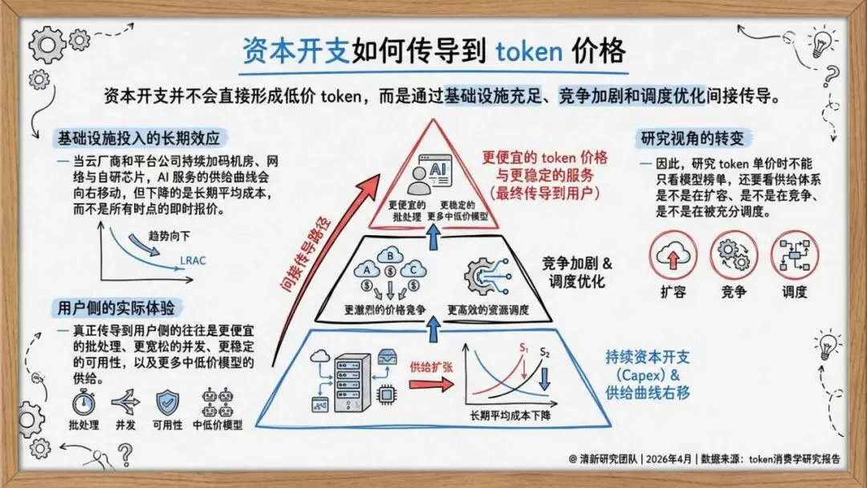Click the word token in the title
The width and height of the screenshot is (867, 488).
pyautogui.click(x=529, y=51)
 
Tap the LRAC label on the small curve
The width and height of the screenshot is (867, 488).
pyautogui.click(x=193, y=260)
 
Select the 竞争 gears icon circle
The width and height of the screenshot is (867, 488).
pyautogui.click(x=735, y=255)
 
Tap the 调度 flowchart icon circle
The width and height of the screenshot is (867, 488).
pyautogui.click(x=795, y=255)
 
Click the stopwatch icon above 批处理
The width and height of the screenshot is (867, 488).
pyautogui.click(x=84, y=401)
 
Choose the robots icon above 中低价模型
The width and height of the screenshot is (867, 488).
pyautogui.click(x=217, y=401)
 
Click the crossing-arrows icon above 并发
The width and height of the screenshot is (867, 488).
pyautogui.click(x=125, y=401)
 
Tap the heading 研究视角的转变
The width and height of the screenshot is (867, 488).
pyautogui.click(x=693, y=137)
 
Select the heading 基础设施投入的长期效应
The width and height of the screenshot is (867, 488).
pyautogui.click(x=138, y=137)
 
